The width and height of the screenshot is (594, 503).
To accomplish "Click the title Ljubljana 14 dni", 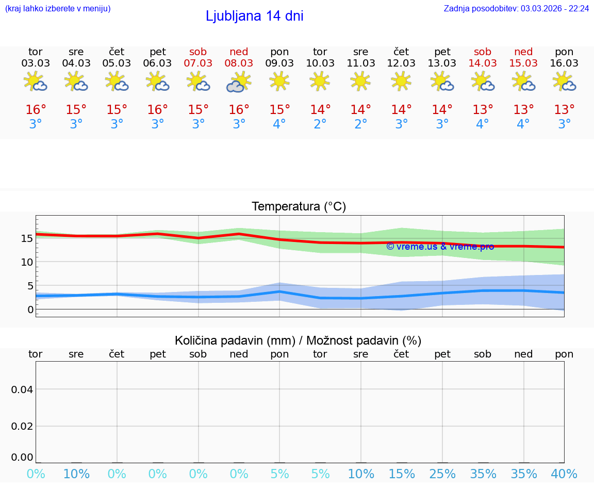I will (x=254, y=16).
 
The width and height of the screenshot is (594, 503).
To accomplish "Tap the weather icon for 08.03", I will (x=239, y=82).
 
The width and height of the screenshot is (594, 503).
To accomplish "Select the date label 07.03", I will (x=198, y=63).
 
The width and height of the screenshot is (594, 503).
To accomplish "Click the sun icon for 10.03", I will (x=320, y=80).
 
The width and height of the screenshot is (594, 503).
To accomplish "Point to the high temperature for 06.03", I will (x=157, y=110).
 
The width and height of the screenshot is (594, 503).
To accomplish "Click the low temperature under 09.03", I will (x=279, y=124).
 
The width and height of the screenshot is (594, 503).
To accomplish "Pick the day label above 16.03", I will (x=564, y=52).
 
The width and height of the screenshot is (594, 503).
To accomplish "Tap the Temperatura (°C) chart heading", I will (x=299, y=206).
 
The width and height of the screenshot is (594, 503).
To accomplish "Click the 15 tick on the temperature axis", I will (x=27, y=238).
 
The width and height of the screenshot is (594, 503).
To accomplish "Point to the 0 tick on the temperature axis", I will (x=30, y=310).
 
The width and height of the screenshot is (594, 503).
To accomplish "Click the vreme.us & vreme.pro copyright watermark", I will (x=440, y=247).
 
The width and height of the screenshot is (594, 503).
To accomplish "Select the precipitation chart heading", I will (x=298, y=340).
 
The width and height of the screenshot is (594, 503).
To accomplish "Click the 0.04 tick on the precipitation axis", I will (x=22, y=389).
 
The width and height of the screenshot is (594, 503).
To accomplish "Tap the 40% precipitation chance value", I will (x=564, y=474).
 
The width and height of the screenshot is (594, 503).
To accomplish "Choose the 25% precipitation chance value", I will (x=442, y=474).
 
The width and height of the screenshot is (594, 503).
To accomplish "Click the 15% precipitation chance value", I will (x=401, y=474).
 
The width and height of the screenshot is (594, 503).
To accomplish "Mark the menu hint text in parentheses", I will (x=58, y=8).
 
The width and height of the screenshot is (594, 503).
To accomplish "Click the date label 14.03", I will (x=483, y=63).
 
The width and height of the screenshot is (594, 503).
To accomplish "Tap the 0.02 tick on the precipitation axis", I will (x=22, y=426).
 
